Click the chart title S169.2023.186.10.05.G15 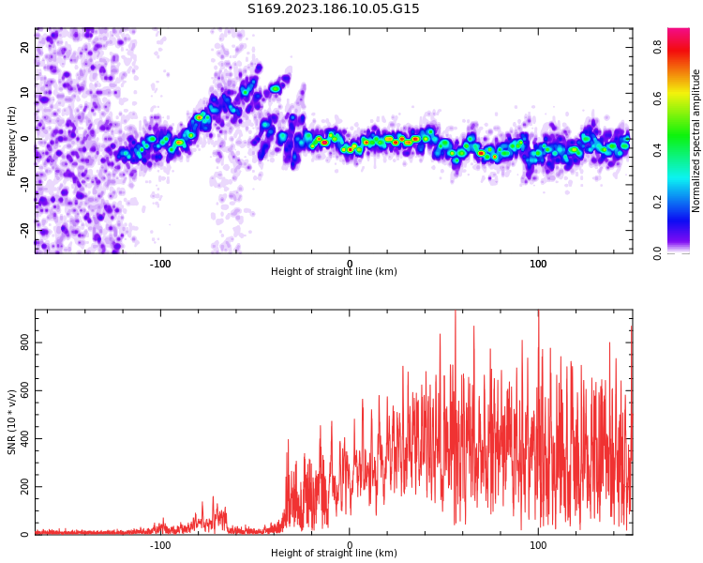tap(333, 9)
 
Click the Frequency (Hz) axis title tap(12, 140)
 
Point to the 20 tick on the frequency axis tap(25, 49)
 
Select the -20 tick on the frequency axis tap(25, 229)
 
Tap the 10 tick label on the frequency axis tap(25, 94)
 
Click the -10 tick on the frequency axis tap(25, 184)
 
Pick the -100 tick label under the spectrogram tap(160, 263)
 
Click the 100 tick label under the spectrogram tap(538, 263)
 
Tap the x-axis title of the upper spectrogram tap(334, 272)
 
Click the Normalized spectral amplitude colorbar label tap(696, 140)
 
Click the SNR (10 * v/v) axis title tap(12, 421)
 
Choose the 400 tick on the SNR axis tap(25, 439)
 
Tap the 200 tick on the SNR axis tap(25, 487)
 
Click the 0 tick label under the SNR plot tap(350, 544)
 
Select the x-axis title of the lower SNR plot tap(334, 554)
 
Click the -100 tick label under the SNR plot tap(160, 544)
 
